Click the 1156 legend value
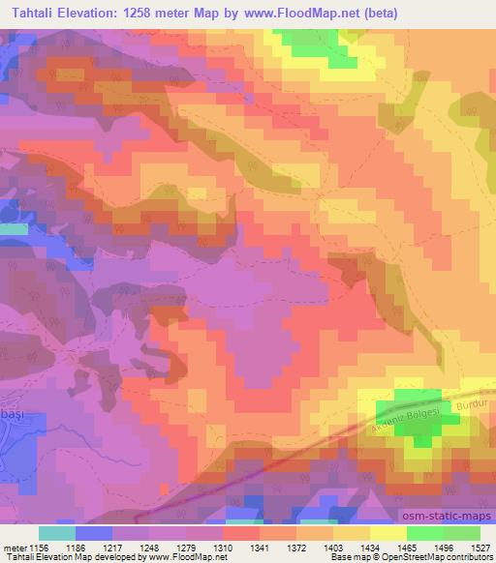click(38, 548)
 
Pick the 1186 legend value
click(76, 548)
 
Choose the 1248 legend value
click(149, 548)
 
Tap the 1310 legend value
click(223, 548)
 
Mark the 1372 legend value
click(296, 548)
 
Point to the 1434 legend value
click(370, 548)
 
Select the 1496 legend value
click(444, 548)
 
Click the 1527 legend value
click(480, 548)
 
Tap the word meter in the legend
click(13, 548)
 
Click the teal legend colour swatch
click(57, 533)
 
